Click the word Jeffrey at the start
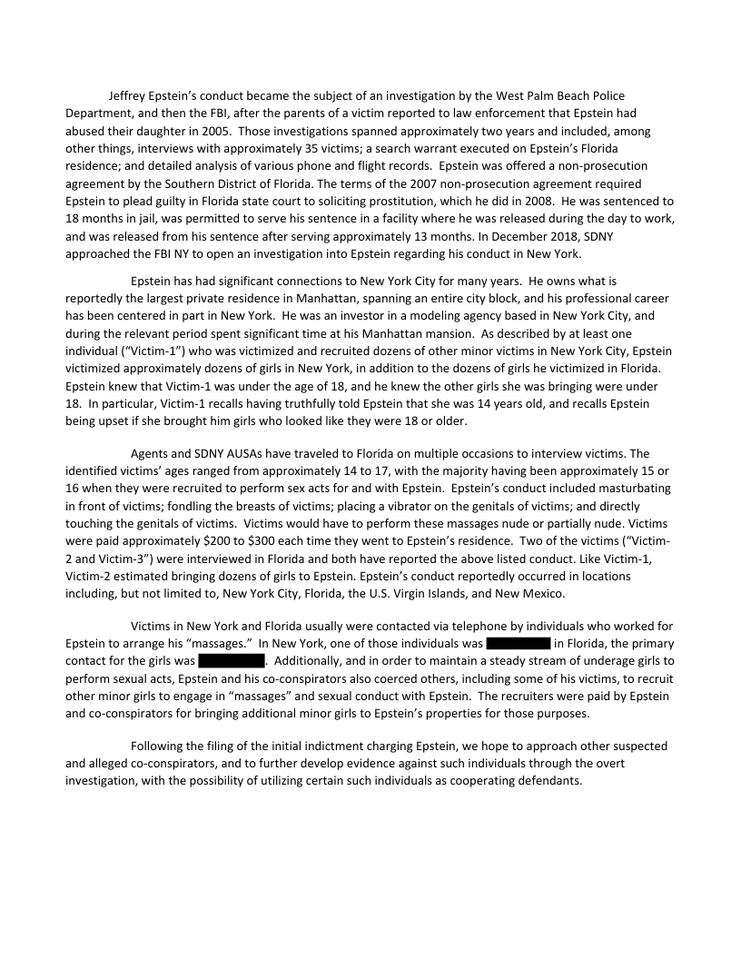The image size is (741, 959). [x=129, y=96]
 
